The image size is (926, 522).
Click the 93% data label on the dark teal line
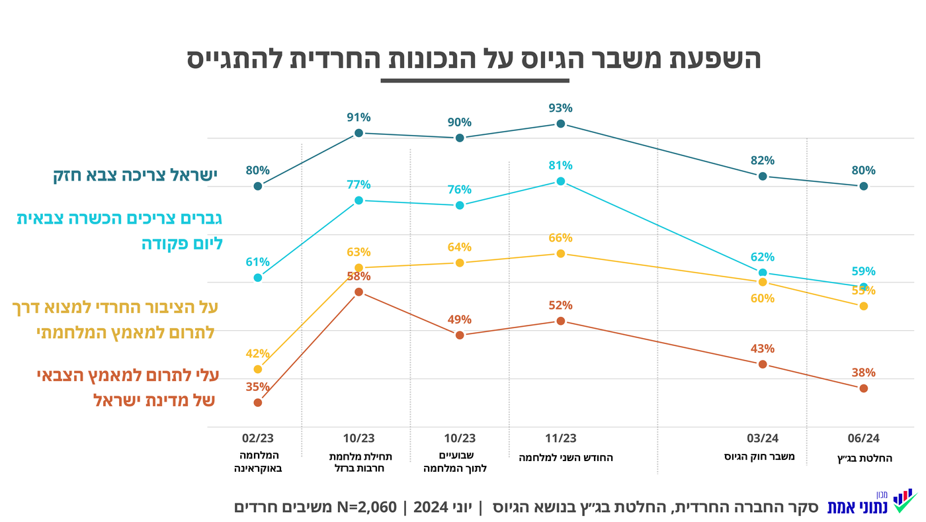coord(560,108)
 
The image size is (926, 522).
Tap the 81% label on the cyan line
coord(560,165)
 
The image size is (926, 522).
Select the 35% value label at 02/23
coord(257,386)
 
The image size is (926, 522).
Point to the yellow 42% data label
coord(257,353)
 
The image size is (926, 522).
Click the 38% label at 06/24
coord(863,372)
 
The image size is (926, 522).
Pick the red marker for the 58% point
coord(358,292)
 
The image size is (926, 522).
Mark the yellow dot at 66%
coord(560,253)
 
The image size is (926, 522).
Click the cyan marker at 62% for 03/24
coord(763,273)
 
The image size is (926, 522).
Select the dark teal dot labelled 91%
coord(358,133)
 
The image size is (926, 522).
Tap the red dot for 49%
coord(460,335)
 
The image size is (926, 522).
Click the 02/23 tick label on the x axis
coord(257,438)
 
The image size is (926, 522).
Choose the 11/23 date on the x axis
coord(560,438)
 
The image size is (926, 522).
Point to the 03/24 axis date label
coord(763,438)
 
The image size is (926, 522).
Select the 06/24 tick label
coord(863,438)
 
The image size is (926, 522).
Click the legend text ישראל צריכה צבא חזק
coord(135,175)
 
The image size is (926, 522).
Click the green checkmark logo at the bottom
coord(904,502)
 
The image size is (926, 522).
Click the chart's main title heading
coord(474,58)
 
